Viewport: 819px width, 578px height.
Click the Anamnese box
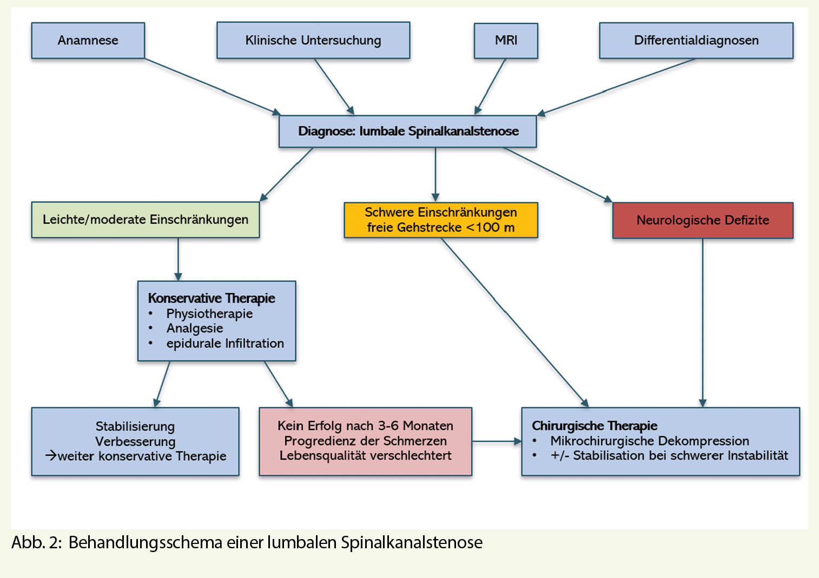coord(88,41)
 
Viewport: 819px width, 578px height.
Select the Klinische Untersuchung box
coord(313,41)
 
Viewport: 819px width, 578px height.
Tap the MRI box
coord(506,41)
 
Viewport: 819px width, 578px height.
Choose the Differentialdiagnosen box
coord(696,41)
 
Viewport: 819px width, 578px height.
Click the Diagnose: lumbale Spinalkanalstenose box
coord(408,131)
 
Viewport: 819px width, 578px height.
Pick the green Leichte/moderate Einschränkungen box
coord(145,220)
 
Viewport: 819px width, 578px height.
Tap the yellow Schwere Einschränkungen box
coord(440,220)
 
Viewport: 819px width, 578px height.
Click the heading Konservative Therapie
coord(212,298)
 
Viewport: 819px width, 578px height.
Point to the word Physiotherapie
coord(209,314)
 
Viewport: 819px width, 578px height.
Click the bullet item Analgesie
coord(195,328)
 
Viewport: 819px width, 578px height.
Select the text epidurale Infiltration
coord(225,343)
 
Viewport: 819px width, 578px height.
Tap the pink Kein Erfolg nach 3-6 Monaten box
coord(365,441)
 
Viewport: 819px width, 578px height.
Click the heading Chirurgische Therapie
coord(595,426)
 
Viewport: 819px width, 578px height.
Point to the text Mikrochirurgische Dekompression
coord(650,441)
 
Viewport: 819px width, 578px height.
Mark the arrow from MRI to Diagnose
coord(491,87)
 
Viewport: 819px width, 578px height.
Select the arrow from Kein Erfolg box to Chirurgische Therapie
coord(496,441)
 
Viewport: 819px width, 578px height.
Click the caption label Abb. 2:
coord(36,542)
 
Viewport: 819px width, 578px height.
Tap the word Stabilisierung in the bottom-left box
coord(135,427)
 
